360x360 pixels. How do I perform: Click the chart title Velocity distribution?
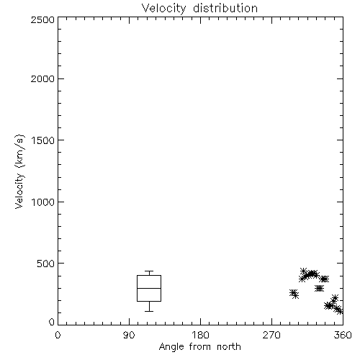(199, 9)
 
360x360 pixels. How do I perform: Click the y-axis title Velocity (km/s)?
(19, 171)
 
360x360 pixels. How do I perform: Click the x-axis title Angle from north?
(199, 347)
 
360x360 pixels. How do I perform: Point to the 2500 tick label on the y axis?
(42, 19)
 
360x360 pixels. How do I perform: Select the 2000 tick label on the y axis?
(42, 78)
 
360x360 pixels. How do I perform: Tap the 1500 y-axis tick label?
(43, 140)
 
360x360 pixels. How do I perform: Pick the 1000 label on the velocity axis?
(43, 202)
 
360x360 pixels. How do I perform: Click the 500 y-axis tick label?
(46, 264)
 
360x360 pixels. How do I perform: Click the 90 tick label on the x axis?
(129, 335)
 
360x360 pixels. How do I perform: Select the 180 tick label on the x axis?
(200, 335)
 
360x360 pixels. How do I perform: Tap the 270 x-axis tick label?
(271, 335)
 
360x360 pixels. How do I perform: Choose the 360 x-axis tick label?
(343, 335)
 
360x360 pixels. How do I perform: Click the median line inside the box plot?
(149, 288)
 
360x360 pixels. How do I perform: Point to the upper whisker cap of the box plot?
(149, 271)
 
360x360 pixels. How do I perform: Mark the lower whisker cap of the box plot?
(149, 311)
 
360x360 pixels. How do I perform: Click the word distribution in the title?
(225, 9)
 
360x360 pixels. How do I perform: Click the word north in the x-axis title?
(229, 347)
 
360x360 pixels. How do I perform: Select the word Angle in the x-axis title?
(171, 347)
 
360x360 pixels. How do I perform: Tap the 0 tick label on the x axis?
(58, 335)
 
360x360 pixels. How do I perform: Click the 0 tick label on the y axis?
(52, 322)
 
